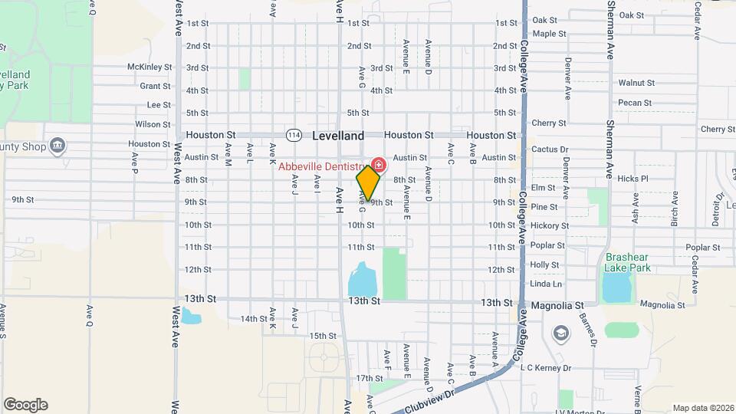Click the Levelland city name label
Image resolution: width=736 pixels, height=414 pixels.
click(x=338, y=136)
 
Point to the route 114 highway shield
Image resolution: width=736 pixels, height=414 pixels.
click(x=293, y=135)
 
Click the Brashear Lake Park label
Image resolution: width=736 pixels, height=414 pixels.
click(x=628, y=263)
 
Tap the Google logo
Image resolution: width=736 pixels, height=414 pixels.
click(x=25, y=405)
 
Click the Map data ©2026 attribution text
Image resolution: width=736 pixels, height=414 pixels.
click(x=702, y=408)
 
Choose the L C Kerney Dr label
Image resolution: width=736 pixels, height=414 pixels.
click(x=546, y=368)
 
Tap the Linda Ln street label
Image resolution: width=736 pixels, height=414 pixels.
click(x=546, y=284)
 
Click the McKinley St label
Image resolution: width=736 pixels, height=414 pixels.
click(x=149, y=67)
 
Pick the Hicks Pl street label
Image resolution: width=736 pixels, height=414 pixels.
click(x=632, y=179)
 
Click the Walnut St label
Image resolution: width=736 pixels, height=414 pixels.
click(x=636, y=83)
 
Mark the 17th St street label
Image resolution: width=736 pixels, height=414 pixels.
click(x=369, y=378)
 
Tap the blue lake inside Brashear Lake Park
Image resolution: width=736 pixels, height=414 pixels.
click(x=616, y=287)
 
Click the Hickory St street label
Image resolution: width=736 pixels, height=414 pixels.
click(x=550, y=225)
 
